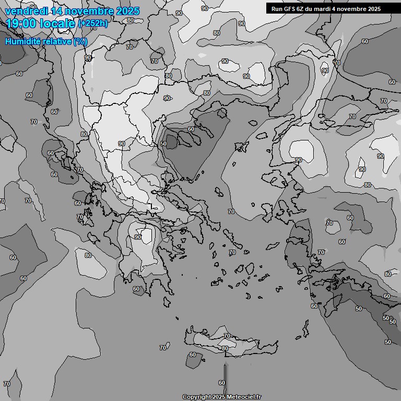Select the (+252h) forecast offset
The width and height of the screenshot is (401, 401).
pos(93,23)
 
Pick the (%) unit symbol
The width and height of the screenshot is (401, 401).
pos(81,41)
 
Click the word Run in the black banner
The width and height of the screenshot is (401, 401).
pos(277,9)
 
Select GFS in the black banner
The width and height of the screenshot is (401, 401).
pos(290,9)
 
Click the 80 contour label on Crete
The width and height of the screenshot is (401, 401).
pos(225,348)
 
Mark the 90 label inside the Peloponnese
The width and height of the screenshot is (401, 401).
pos(138,237)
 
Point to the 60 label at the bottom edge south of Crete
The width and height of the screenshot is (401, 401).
pos(222,383)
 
